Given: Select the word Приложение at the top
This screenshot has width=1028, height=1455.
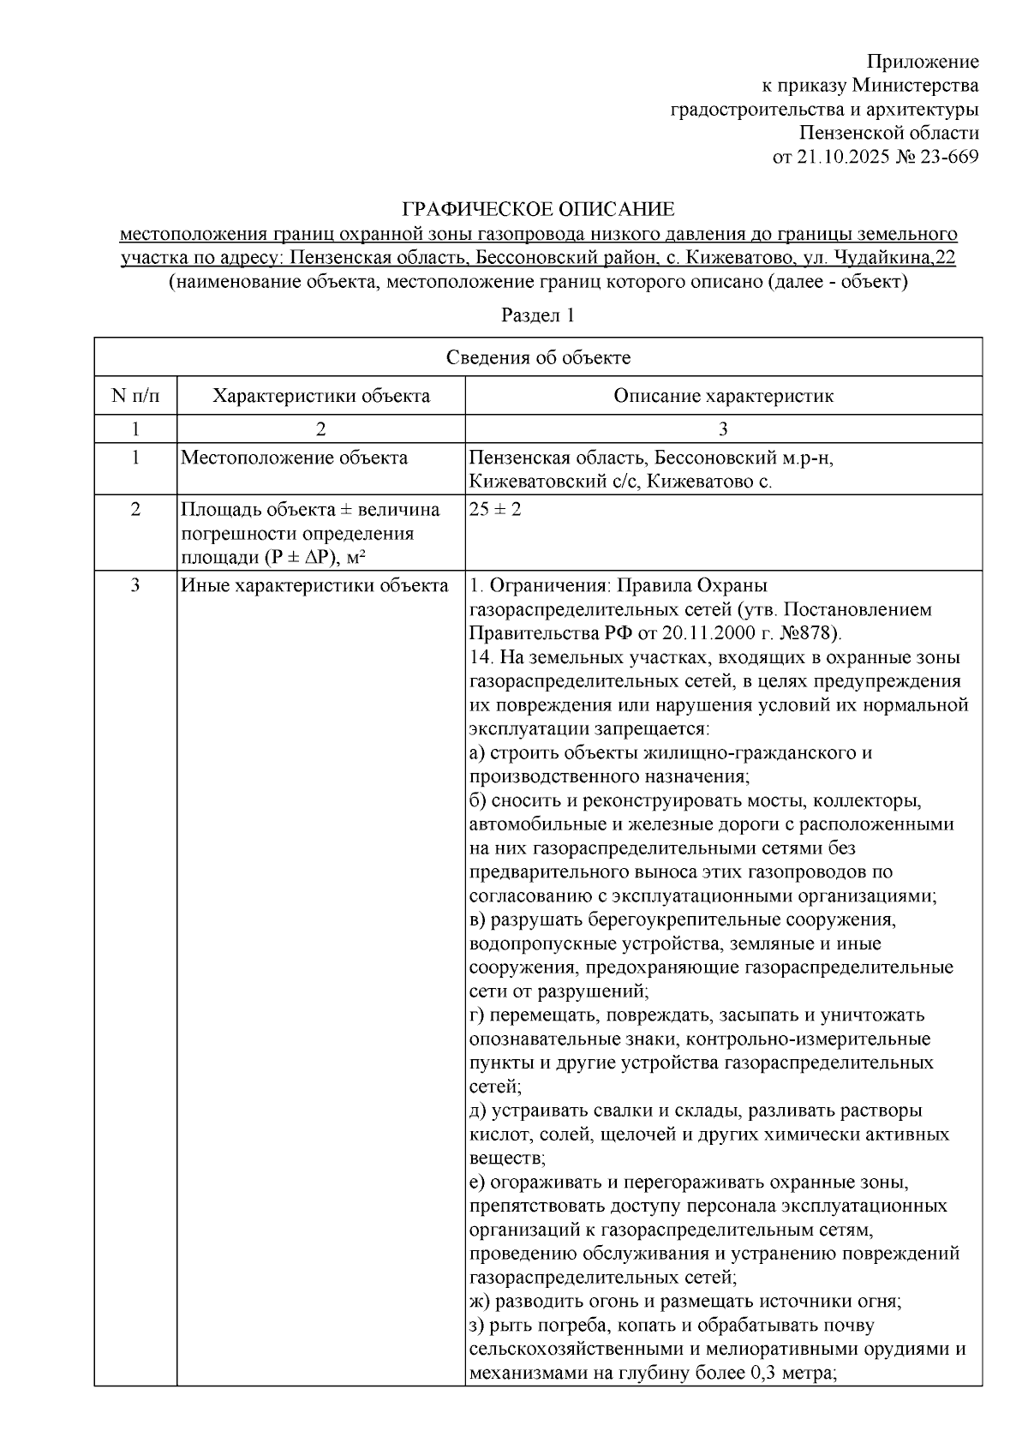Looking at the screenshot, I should (922, 61).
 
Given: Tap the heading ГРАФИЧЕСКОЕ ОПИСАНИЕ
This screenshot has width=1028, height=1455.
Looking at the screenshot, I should (538, 209).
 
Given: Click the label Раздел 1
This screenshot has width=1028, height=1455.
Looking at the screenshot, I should (538, 315).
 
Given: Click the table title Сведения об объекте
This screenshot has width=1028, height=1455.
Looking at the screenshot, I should (538, 357).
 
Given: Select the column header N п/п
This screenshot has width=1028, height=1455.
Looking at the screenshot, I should (135, 396).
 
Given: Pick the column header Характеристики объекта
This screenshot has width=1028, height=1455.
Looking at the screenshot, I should (321, 396).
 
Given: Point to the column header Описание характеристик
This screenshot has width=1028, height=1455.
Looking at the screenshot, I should (723, 396).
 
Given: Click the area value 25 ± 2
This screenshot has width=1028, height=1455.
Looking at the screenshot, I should (495, 509).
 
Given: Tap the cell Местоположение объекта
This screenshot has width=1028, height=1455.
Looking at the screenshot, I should (294, 458).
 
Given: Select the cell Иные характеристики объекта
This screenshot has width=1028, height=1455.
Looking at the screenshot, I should (314, 586).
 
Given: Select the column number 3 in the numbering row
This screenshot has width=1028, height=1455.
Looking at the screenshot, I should (723, 428).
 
